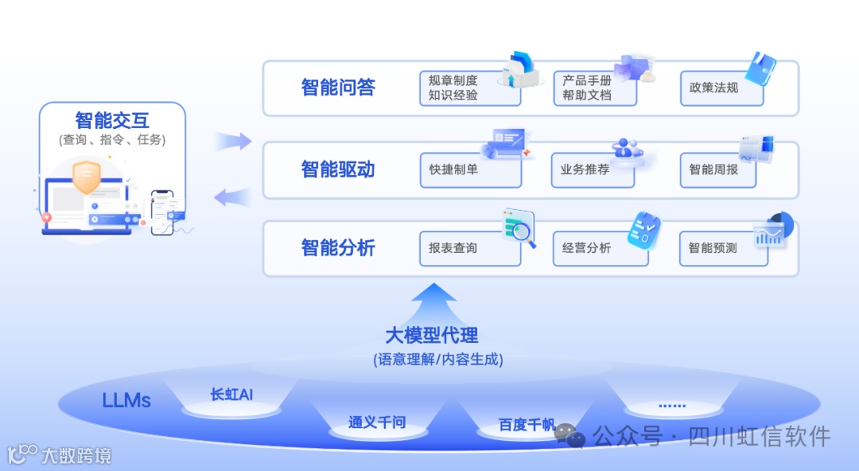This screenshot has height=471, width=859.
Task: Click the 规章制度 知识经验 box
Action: [469, 88]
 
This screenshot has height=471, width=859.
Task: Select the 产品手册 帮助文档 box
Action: [595, 88]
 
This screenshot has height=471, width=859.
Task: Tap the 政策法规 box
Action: [721, 88]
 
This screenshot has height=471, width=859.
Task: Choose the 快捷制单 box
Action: [470, 169]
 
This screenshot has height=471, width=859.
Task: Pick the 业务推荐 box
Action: [593, 169]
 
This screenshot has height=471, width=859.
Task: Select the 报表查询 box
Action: [469, 248]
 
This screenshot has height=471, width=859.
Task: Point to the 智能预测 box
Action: [722, 248]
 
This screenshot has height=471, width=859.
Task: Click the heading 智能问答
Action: [338, 88]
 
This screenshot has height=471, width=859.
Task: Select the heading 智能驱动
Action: [338, 169]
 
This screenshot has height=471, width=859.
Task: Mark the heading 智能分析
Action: [338, 248]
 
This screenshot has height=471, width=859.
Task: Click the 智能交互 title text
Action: [112, 121]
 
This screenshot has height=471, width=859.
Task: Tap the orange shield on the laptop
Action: [86, 177]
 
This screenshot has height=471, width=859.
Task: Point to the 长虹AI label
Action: [231, 395]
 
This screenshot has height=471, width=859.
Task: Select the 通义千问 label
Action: [376, 422]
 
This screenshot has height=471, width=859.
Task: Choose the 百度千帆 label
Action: [527, 425]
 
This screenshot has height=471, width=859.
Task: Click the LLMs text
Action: [126, 400]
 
